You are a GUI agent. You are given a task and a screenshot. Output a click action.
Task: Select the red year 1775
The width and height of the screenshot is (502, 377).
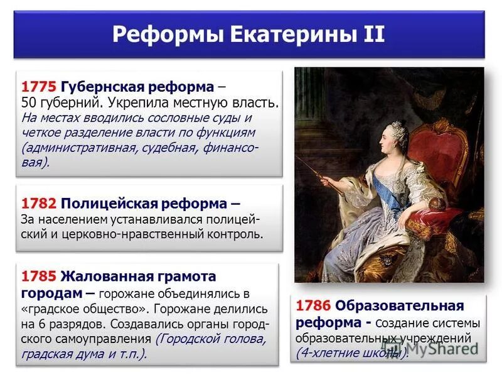(39, 86)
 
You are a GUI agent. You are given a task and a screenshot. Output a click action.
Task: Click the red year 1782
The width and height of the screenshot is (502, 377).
(39, 204)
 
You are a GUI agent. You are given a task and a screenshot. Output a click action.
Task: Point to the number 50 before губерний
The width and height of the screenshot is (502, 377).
(28, 102)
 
